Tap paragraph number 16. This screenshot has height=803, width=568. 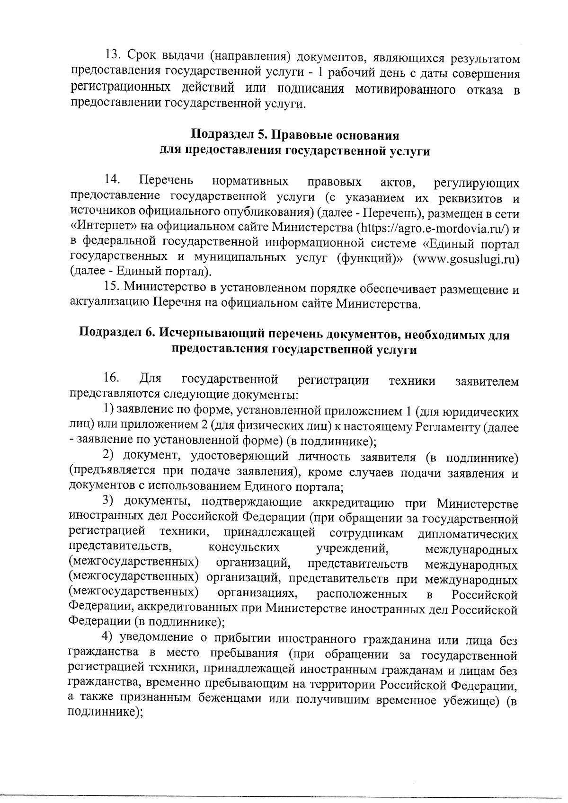(112, 379)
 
